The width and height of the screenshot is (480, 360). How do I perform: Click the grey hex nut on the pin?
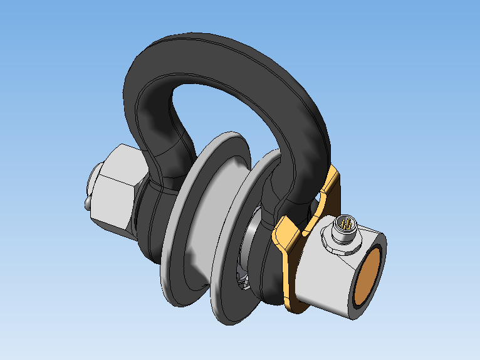(x=116, y=188)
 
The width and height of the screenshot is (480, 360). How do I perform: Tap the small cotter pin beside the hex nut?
(x=88, y=202)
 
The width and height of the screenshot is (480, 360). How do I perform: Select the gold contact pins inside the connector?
(x=346, y=224)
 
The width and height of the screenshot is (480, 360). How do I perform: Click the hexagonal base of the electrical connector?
(x=333, y=241)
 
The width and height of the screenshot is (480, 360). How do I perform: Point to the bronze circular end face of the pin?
(x=370, y=273)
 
